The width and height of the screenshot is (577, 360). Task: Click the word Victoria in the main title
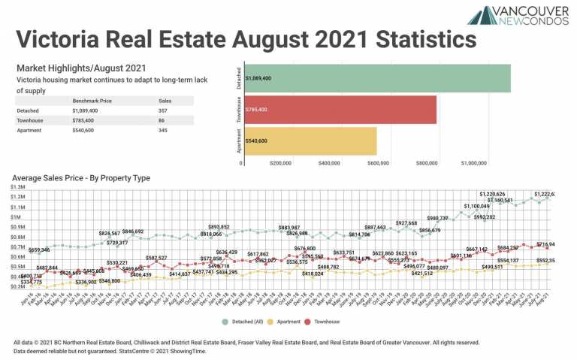point(66,38)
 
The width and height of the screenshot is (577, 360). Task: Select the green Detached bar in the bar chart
point(376,78)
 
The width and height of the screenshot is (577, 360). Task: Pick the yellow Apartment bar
point(309,141)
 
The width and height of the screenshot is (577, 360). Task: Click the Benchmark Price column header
point(92,100)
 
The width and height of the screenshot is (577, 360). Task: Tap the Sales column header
point(165,100)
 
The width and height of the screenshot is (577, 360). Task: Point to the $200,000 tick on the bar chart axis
point(280,162)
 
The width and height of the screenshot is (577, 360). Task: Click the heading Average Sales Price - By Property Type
point(81,178)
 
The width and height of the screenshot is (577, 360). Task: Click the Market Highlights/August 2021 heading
point(73,68)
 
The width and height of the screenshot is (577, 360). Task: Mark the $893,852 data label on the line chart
point(219,227)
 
